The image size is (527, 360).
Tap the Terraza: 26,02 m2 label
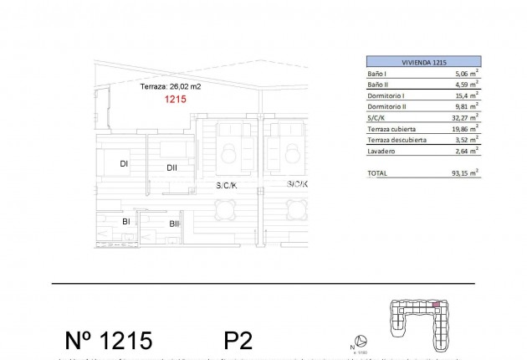tap(169, 86)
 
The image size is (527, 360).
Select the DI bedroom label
tap(124, 164)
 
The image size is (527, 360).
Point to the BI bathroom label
tap(125, 222)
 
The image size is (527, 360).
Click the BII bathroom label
tap(174, 224)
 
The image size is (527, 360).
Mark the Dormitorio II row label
tap(386, 106)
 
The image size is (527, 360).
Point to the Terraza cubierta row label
tap(392, 129)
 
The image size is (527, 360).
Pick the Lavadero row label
tap(381, 152)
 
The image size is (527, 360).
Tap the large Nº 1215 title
tap(109, 340)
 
